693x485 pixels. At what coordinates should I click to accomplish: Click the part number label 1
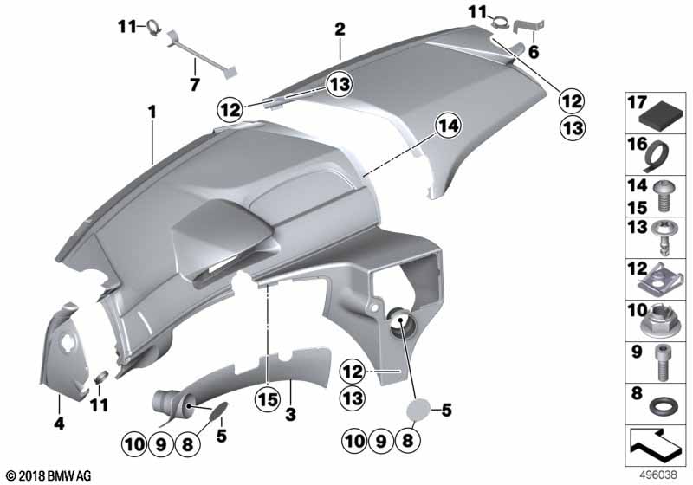point(152,113)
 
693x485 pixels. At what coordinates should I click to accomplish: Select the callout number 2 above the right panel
point(340,29)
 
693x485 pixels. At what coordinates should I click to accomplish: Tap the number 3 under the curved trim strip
point(290,414)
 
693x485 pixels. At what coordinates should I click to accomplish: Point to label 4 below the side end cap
point(59,424)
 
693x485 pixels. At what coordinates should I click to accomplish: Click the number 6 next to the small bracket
point(534,52)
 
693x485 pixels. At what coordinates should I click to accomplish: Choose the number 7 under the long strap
point(194,84)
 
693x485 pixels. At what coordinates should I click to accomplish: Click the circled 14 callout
point(448,126)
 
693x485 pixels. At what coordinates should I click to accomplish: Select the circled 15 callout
point(268,400)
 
